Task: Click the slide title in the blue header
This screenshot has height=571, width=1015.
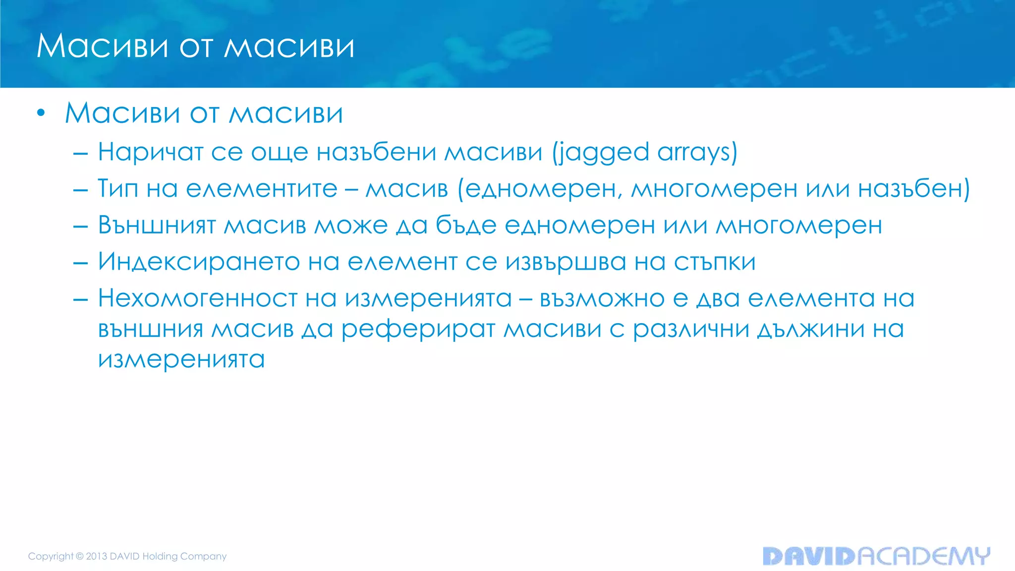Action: pyautogui.click(x=195, y=47)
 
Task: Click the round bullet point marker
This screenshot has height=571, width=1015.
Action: pyautogui.click(x=41, y=114)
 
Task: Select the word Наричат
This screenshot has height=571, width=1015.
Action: pyautogui.click(x=151, y=152)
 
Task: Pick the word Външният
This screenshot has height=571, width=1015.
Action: pyautogui.click(x=157, y=226)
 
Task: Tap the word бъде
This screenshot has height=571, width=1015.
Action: pyautogui.click(x=466, y=226)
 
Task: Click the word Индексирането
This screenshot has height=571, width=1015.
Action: pyautogui.click(x=199, y=262)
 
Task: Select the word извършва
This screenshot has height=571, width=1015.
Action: pyautogui.click(x=565, y=263)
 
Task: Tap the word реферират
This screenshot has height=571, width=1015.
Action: pyautogui.click(x=418, y=330)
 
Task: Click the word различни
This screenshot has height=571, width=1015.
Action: pyautogui.click(x=691, y=330)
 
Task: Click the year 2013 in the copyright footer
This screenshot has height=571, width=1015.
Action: pyautogui.click(x=97, y=556)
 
